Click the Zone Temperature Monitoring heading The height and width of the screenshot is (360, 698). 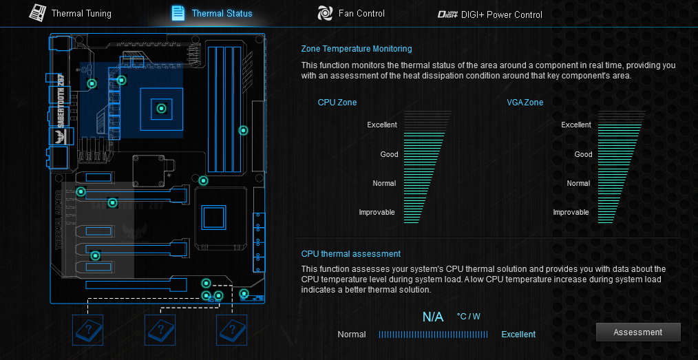(x=357, y=49)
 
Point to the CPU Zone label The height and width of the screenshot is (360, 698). (x=337, y=103)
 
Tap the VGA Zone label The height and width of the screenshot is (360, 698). (x=525, y=103)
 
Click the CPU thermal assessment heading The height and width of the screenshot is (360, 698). (x=351, y=254)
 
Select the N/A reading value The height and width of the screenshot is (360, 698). (x=433, y=317)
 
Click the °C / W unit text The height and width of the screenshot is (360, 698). (x=469, y=317)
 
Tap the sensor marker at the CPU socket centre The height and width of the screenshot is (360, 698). (x=161, y=108)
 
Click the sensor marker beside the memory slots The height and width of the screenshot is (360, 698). (x=242, y=130)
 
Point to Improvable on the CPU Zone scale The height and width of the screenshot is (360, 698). (x=377, y=213)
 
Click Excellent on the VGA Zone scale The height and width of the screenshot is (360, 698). (x=576, y=125)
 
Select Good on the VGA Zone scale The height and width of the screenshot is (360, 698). (x=584, y=154)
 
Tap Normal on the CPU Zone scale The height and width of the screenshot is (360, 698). (x=384, y=184)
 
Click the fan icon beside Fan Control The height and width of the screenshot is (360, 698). (x=325, y=13)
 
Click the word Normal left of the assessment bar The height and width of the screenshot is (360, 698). (x=352, y=335)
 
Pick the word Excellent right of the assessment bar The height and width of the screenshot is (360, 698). (x=518, y=335)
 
